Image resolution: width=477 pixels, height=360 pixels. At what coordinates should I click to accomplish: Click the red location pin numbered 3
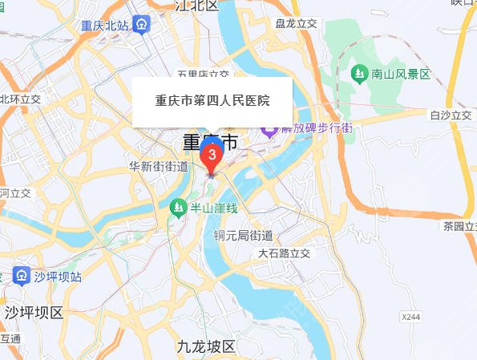212,153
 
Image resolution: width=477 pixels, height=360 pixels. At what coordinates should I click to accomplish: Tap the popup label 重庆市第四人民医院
212,102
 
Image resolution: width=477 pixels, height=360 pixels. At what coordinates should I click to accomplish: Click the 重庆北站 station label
105,25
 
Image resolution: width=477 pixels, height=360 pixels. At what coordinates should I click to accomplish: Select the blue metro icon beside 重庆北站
140,24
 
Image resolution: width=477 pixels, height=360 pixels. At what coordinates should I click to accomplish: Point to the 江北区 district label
197,6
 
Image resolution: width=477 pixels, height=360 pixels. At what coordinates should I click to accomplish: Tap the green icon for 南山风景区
358,74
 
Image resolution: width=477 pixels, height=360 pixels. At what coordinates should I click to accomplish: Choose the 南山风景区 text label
402,74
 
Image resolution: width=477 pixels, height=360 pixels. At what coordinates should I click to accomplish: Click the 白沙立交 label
451,115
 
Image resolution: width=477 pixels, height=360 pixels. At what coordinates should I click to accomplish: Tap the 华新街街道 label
159,166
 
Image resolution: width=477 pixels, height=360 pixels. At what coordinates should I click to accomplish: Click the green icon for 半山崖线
178,208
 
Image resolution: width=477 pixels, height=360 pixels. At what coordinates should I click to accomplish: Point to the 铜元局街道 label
243,236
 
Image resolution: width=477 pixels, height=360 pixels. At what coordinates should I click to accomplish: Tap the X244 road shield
410,318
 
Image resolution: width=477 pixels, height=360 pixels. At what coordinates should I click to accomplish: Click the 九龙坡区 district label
206,347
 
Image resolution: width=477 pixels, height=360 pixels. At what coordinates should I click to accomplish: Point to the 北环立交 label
20,99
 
